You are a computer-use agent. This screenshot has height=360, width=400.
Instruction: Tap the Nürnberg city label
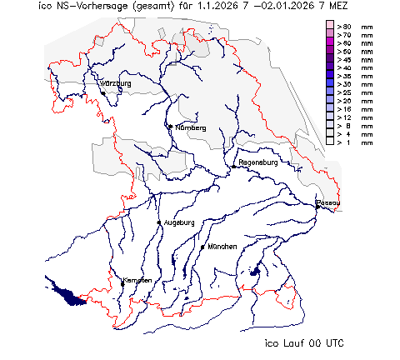[x=191, y=128]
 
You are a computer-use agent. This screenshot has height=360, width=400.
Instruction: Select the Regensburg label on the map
[x=257, y=162]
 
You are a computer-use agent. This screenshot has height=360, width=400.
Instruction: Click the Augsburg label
[x=179, y=222]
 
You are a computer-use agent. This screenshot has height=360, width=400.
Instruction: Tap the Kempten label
[x=137, y=280]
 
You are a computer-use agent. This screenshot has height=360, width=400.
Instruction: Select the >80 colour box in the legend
[x=330, y=27]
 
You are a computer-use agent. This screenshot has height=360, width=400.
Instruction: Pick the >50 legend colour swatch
[x=330, y=52]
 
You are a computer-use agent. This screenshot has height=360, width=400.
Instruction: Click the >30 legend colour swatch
[x=330, y=84]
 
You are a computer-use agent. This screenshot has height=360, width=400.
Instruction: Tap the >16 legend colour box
[x=330, y=108]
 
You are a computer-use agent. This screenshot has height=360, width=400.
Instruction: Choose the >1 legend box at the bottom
[x=330, y=142]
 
